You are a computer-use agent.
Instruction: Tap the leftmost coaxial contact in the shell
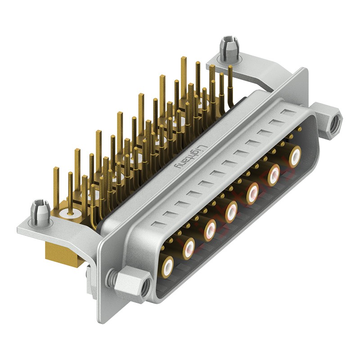click(x=167, y=266)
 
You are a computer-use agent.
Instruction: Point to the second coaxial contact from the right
click(x=274, y=175)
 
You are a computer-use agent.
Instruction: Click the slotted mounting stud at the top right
click(x=229, y=49)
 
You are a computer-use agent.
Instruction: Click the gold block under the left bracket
click(x=63, y=255)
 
